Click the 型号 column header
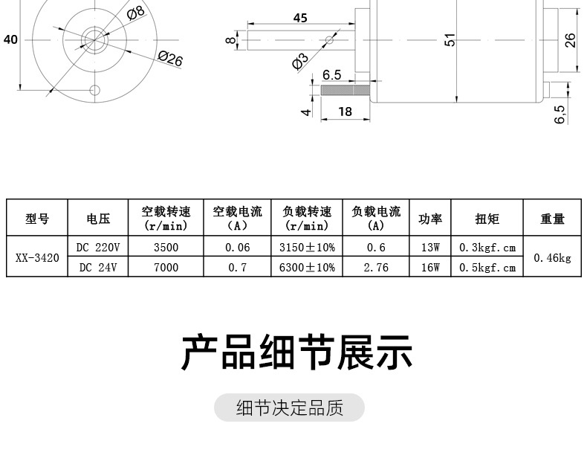(37, 218)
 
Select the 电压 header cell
(98, 218)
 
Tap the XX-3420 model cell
(37, 257)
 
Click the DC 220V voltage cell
(98, 247)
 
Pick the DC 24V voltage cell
(98, 267)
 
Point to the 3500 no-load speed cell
(165, 247)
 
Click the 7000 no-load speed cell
(165, 267)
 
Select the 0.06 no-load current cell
(237, 247)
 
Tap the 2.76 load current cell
(376, 267)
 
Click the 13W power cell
(430, 247)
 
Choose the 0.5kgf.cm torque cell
(487, 267)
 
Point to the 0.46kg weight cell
(553, 257)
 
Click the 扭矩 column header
(487, 218)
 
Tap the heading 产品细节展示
(296, 353)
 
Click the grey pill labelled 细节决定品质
(290, 408)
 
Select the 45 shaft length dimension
(300, 17)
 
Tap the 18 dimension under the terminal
(345, 112)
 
